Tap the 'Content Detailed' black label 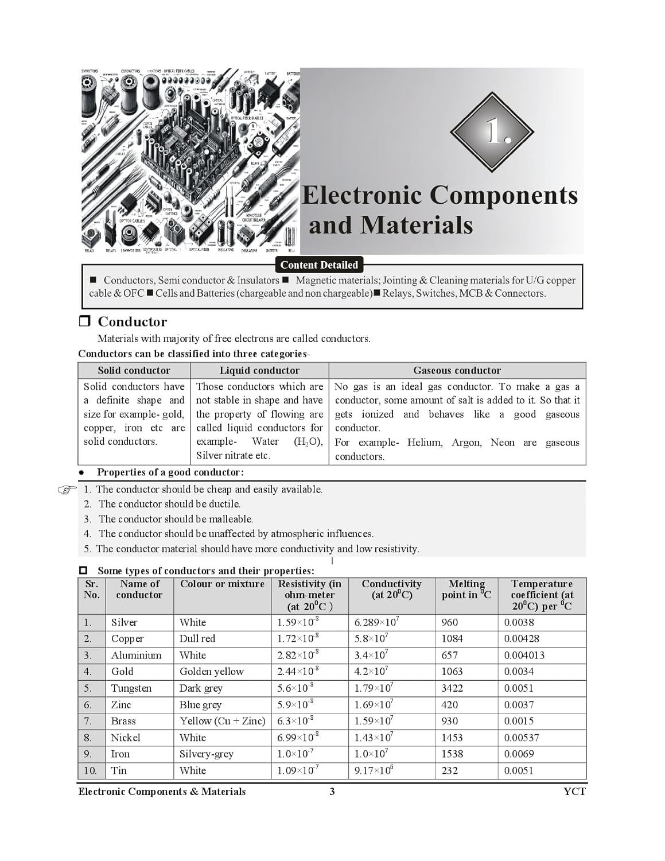coord(319,265)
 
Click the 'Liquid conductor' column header coord(259,370)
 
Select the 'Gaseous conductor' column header coord(457,370)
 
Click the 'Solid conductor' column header coord(134,370)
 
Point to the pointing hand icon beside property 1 coord(67,490)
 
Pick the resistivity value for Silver coord(298,622)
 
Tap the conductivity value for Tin coord(374,770)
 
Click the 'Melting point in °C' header coord(466,589)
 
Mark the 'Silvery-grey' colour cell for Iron coord(206,754)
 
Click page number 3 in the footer coord(332,792)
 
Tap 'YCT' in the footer coord(574,792)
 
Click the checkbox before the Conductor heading coord(84,321)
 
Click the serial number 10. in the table coord(90,770)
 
